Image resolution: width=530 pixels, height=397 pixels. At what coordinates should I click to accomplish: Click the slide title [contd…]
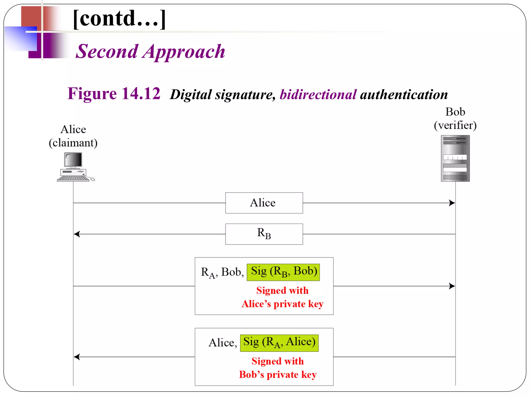[x=119, y=19]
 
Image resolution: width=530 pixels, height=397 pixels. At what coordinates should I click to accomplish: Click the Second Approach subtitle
[x=150, y=51]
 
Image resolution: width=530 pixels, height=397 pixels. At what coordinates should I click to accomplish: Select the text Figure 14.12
[x=114, y=94]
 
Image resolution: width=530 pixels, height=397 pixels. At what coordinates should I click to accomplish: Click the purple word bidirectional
[x=318, y=95]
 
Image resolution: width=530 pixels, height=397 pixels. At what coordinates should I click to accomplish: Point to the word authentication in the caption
[x=404, y=95]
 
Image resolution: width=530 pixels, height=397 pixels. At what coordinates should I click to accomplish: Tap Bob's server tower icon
[x=455, y=158]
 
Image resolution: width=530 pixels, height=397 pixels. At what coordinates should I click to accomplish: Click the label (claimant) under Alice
[x=73, y=143]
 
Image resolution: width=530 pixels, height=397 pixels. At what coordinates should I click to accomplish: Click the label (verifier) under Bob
[x=455, y=125]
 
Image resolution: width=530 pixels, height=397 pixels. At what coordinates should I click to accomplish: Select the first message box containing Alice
[x=264, y=203]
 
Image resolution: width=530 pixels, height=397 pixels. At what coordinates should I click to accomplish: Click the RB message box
[x=264, y=234]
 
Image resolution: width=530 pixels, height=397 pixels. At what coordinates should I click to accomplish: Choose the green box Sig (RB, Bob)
[x=283, y=272]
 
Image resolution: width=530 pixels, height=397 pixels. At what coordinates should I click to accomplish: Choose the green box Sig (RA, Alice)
[x=279, y=343]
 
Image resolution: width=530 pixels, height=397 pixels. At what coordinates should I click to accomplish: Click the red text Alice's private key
[x=282, y=304]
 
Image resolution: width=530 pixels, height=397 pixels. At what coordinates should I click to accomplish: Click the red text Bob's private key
[x=278, y=375]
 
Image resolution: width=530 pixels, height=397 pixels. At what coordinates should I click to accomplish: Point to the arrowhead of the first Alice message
[x=452, y=203]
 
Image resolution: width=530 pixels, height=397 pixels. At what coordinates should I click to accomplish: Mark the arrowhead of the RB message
[x=77, y=234]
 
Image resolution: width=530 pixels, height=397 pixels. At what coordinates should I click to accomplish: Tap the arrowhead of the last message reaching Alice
[x=77, y=357]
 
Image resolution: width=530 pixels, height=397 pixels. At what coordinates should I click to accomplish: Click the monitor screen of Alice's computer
[x=73, y=159]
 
